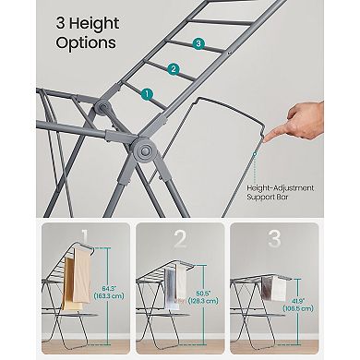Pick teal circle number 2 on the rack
tap(172, 68)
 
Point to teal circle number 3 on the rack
tap(198, 43)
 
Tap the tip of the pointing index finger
tap(269, 138)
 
